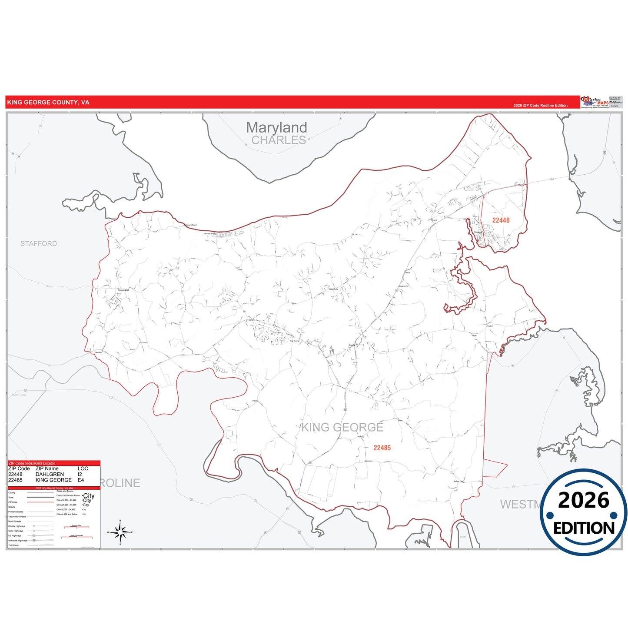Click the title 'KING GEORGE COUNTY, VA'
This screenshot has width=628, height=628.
point(48,103)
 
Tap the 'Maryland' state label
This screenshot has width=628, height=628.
point(276,127)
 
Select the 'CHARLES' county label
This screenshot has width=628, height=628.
point(279,140)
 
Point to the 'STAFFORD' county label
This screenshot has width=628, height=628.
point(39,243)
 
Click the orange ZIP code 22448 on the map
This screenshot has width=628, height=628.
point(501,220)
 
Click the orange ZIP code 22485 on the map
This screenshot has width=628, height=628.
point(382,448)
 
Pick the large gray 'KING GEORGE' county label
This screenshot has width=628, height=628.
point(342,428)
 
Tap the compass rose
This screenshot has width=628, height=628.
point(120,532)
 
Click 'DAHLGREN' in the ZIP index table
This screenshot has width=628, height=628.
point(50,474)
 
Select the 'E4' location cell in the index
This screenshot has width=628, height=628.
point(81,480)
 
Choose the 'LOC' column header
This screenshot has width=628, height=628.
point(83,469)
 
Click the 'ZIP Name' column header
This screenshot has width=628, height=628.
point(47,469)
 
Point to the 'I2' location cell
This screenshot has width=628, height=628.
point(80,474)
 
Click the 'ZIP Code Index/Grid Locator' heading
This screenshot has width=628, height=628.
point(32,463)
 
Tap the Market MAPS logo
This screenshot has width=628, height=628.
point(595,102)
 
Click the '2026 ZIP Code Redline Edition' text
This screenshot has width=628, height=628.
point(540,106)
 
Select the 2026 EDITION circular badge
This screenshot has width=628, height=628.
point(583,512)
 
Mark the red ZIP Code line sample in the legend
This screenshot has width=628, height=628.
point(40,502)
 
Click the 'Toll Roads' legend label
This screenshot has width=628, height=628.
point(13,545)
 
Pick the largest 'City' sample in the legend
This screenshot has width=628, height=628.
point(89,496)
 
